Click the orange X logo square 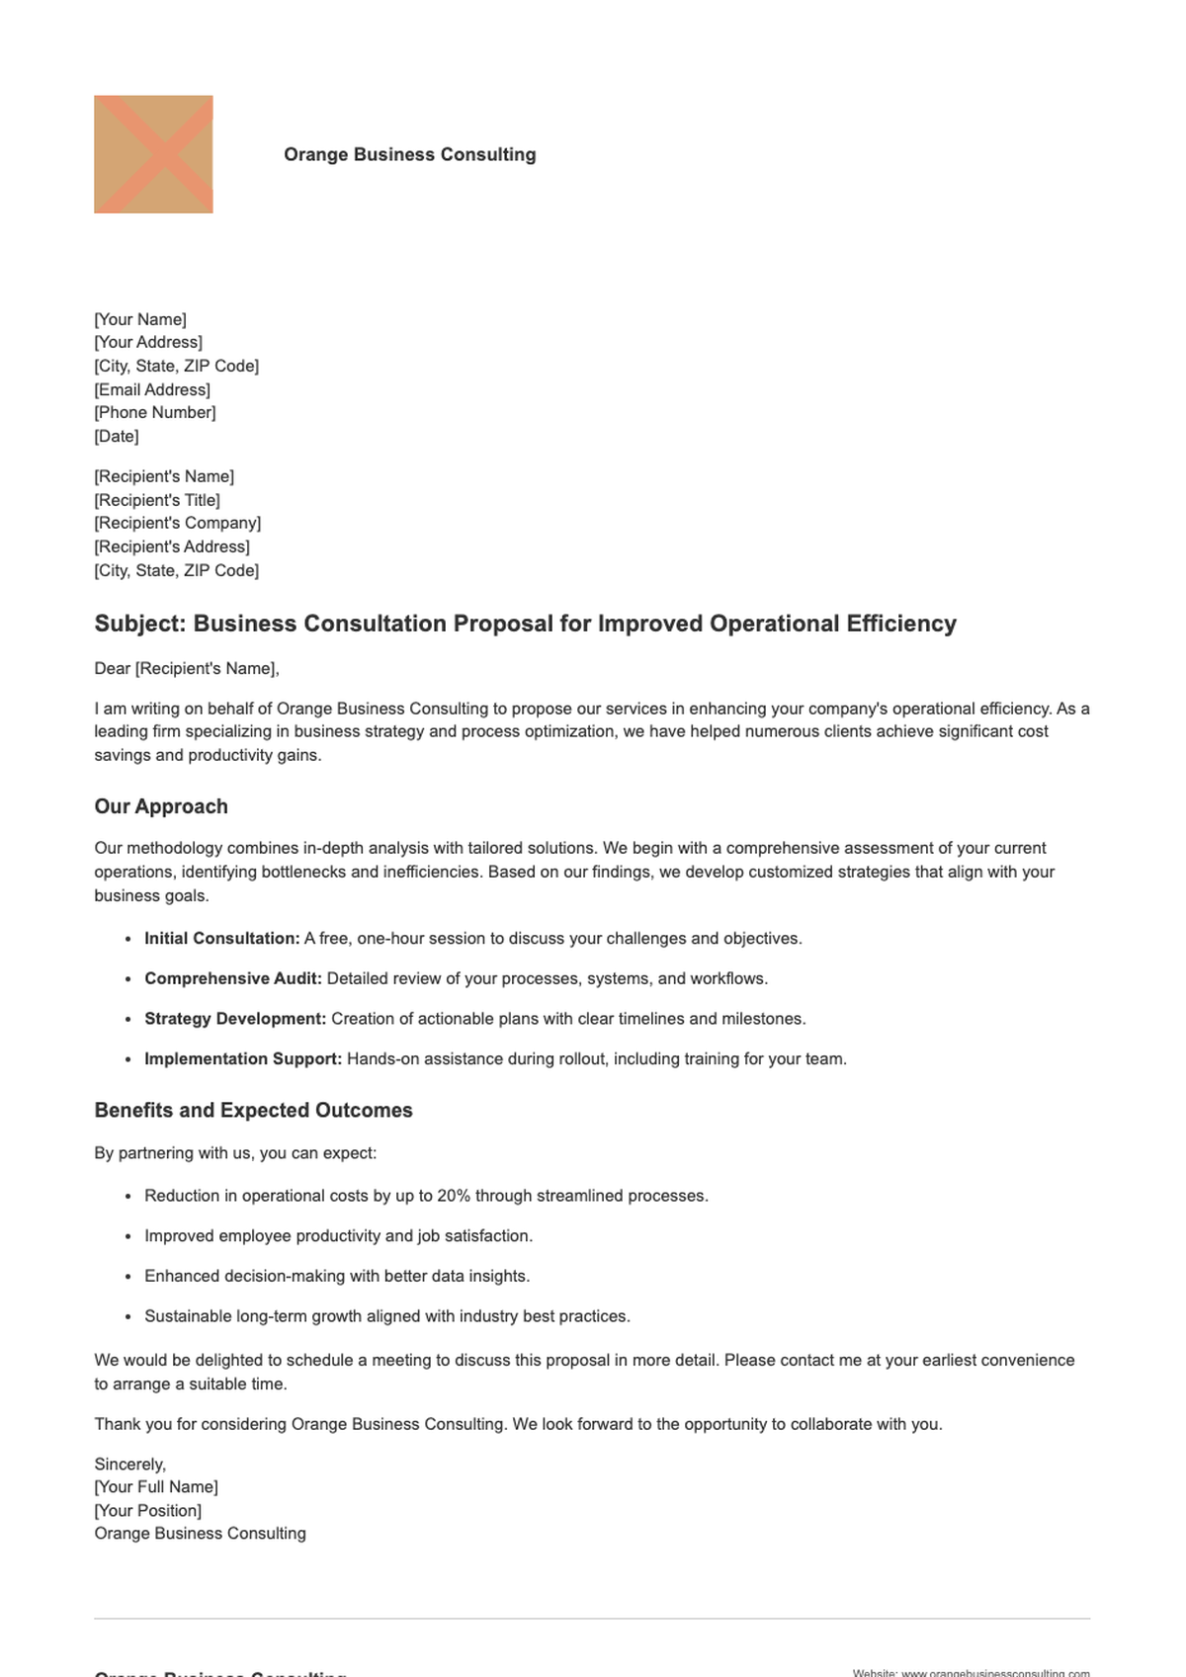[x=153, y=154]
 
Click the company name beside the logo [x=409, y=154]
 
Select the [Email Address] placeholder [x=152, y=389]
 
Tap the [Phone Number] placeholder [x=155, y=412]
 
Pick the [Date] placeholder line [x=117, y=436]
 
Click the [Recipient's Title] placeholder [x=157, y=500]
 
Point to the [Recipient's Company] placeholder [x=178, y=523]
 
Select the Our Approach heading [x=161, y=806]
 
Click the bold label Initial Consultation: [x=222, y=938]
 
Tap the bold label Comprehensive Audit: [x=233, y=978]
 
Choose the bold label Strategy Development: [x=235, y=1019]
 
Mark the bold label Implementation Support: [x=243, y=1058]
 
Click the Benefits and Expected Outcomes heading [x=253, y=1110]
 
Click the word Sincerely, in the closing [x=130, y=1464]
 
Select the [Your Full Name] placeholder [x=156, y=1486]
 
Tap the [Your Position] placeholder [x=148, y=1510]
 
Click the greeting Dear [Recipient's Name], [x=187, y=668]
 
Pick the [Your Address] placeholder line [x=148, y=342]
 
